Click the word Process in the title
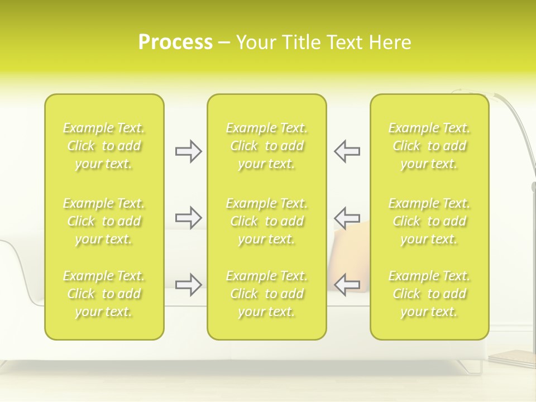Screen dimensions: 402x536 [x=175, y=42]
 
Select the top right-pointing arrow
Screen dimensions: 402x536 [x=188, y=151]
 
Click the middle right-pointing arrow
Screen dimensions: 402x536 [x=188, y=217]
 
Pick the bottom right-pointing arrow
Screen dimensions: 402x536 [x=188, y=284]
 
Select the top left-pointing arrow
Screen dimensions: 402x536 [x=347, y=151]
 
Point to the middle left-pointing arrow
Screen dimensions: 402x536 [x=347, y=217]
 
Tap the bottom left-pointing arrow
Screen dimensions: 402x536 [x=347, y=284]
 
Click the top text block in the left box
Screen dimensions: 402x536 [x=104, y=146]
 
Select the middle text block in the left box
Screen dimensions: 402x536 [x=104, y=221]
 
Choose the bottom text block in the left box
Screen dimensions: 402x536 [x=104, y=294]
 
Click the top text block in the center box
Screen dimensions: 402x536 [x=267, y=146]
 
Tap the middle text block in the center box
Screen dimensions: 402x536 [x=267, y=221]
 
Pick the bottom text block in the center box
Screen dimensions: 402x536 [x=267, y=294]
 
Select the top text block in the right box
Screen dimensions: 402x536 [x=429, y=146]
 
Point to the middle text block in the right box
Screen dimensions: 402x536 [x=429, y=221]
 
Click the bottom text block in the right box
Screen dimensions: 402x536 [x=429, y=294]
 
